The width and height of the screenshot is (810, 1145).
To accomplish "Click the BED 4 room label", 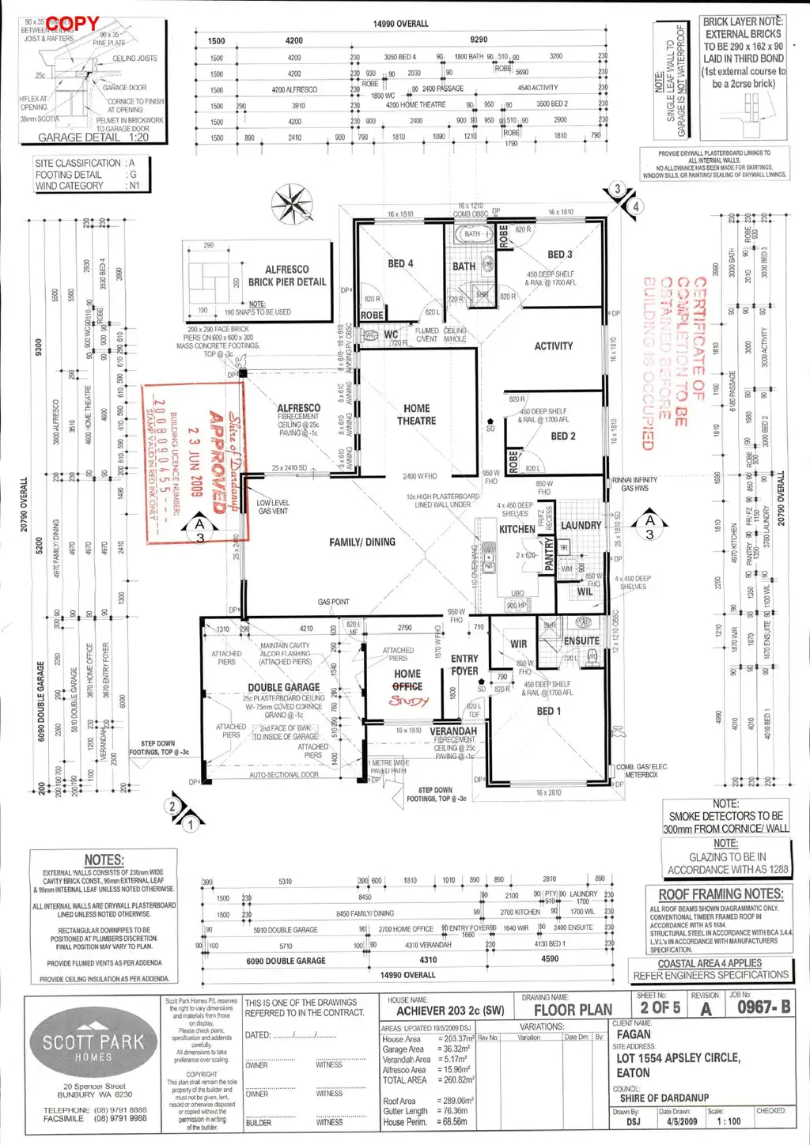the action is pos(400,263).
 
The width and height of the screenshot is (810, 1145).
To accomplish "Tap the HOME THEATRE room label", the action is pos(417,414).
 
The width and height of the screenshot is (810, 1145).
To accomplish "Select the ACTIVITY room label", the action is pos(554,346).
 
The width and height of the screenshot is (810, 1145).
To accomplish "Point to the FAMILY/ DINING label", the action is pos(362,542).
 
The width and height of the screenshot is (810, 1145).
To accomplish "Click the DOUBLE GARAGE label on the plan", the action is pos(284,687).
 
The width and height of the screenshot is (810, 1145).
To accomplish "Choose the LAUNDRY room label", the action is pos(581,525).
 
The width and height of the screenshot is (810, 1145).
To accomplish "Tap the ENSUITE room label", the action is pos(581,641).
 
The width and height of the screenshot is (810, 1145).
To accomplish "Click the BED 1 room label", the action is pos(546,711).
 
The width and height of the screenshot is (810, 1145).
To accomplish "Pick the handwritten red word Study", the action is pos(409,701).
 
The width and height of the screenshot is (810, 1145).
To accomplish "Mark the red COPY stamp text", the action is pos(73,24).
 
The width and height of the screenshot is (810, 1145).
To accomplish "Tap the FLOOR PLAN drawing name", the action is pos(573,1010).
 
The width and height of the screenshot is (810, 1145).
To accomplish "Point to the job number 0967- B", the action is pos(763,1007).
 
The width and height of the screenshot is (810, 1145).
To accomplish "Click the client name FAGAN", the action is pos(634,1034).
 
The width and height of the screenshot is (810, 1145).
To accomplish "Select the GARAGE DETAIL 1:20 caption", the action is pos(93,137).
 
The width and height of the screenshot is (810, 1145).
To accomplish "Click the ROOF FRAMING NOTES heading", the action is pos(721,894).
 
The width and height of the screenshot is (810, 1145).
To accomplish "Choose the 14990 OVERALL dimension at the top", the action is pos(401,24).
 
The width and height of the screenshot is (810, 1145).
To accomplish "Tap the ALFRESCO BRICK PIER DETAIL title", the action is pos(286,275).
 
